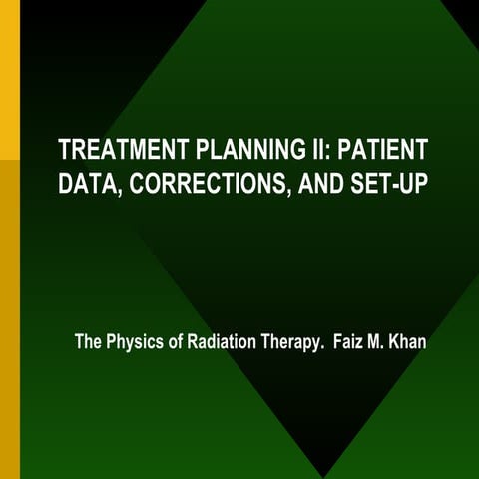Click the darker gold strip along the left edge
click(x=9, y=319)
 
